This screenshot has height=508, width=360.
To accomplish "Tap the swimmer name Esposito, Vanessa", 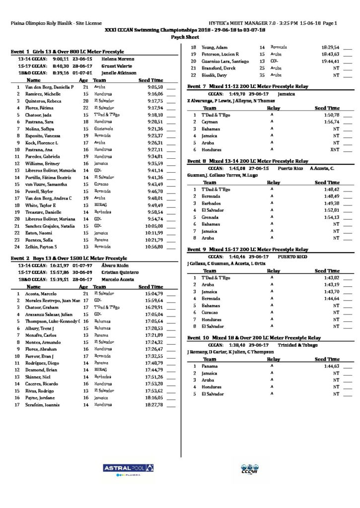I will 43,135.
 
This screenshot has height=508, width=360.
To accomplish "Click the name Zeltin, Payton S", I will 42,247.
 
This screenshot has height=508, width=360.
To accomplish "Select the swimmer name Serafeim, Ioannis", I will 44,405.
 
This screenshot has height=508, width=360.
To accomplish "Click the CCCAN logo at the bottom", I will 248,469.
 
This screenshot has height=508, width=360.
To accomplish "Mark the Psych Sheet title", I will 181,37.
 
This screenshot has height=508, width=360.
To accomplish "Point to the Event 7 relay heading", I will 248,86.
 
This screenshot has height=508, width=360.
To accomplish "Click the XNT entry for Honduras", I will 334,149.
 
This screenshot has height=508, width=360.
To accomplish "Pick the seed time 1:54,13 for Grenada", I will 331,217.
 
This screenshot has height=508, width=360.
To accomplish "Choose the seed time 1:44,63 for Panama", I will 331,366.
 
